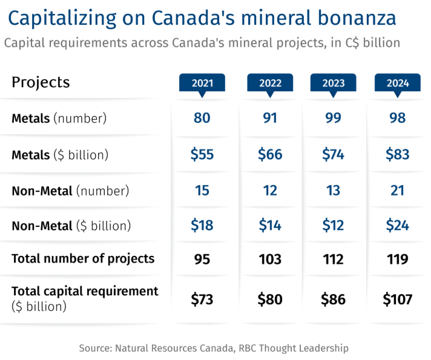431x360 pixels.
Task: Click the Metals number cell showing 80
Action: (x=202, y=118)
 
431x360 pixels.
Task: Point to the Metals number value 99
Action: (x=333, y=118)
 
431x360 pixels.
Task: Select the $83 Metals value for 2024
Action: (x=398, y=154)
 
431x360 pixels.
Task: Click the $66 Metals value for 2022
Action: (x=270, y=154)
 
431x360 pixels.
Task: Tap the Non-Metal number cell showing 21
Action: (x=398, y=191)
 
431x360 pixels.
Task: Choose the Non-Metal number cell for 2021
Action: (x=202, y=191)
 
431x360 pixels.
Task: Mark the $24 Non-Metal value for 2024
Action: (x=398, y=226)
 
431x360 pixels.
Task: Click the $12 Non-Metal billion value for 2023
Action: (x=333, y=226)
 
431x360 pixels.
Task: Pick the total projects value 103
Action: (x=270, y=260)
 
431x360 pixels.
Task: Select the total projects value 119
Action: (x=398, y=260)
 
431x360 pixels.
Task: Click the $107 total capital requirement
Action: (x=398, y=298)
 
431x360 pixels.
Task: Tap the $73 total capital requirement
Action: (x=202, y=298)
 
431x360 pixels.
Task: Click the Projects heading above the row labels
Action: (x=41, y=82)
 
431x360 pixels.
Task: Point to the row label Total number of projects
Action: (x=83, y=259)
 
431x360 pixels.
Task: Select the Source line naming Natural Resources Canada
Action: (x=214, y=348)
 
